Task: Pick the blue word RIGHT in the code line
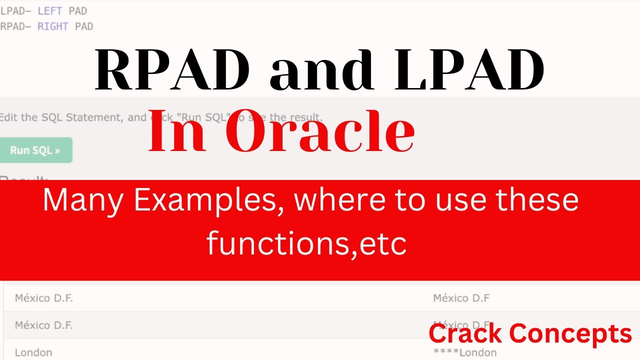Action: tap(53, 26)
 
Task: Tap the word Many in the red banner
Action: tap(82, 200)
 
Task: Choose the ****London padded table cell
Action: tap(465, 352)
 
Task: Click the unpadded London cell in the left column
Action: tap(33, 352)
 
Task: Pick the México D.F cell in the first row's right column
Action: tap(461, 298)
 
